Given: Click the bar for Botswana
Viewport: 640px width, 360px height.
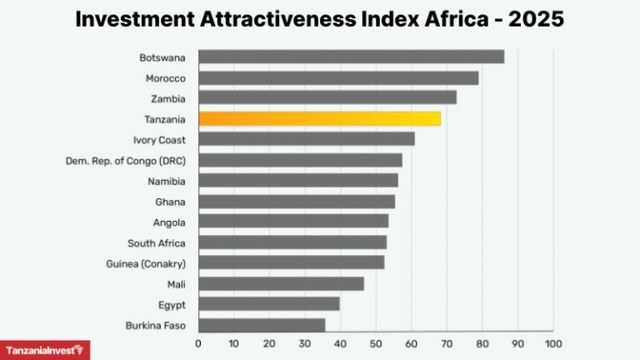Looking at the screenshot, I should (x=351, y=57).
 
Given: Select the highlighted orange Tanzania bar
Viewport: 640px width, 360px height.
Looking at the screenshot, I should (x=319, y=119).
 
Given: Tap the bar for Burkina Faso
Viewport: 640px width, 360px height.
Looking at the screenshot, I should (x=262, y=325).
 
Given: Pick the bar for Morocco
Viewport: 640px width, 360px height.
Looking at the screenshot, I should (x=338, y=78).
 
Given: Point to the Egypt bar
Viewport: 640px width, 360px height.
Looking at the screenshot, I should (x=268, y=304).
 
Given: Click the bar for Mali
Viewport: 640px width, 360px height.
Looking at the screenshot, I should (x=281, y=284).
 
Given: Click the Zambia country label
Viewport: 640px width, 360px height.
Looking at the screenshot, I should (x=168, y=99).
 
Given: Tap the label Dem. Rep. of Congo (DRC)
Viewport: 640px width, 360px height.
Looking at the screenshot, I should (x=125, y=161).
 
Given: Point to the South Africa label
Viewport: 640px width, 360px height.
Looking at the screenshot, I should (x=156, y=243).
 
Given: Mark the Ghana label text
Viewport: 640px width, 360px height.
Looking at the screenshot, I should (x=170, y=202).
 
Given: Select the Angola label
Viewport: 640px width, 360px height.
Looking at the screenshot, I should (x=169, y=222).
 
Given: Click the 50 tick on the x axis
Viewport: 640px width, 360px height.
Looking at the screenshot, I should (x=375, y=343).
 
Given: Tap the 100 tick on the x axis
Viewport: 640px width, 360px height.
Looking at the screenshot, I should (x=552, y=343).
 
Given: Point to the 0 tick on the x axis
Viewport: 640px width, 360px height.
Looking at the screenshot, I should (x=198, y=343).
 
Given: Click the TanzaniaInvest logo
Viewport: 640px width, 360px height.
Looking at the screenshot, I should (x=45, y=351).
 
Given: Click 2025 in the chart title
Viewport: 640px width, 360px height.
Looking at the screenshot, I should (x=534, y=19).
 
